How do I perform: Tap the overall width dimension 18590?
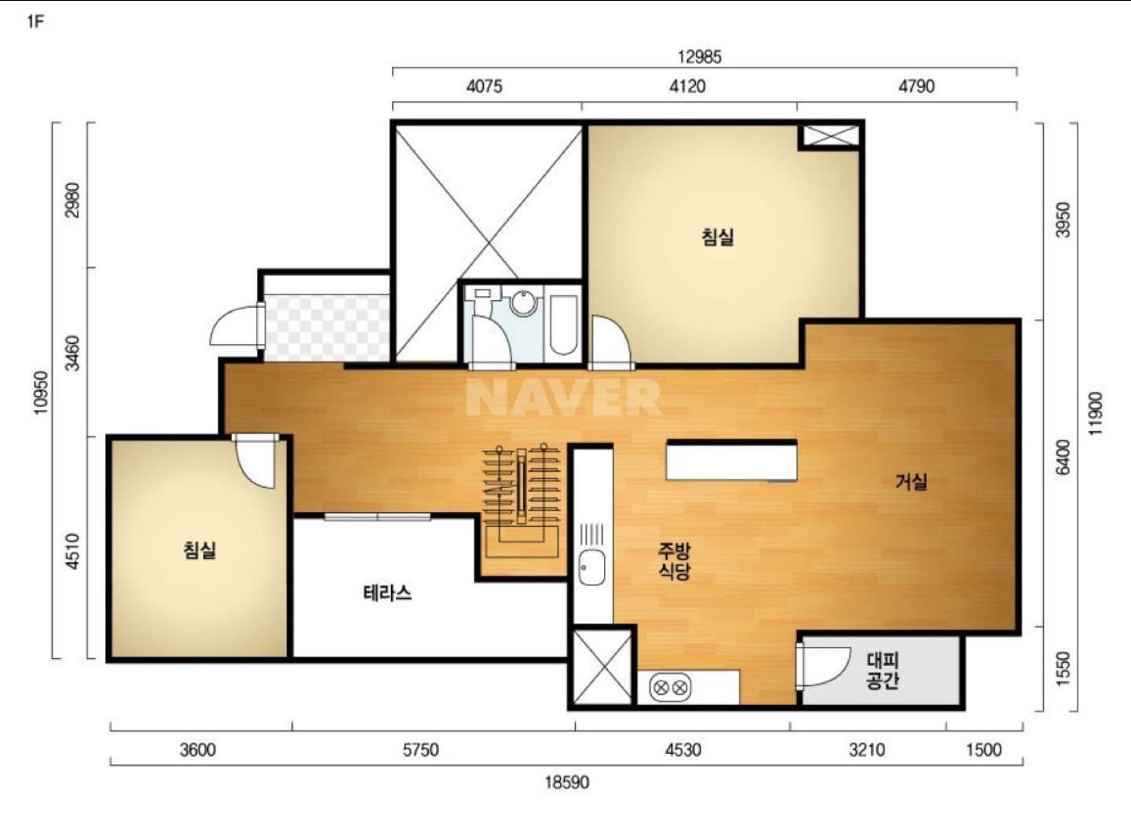pyautogui.click(x=567, y=782)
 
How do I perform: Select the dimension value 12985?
pyautogui.click(x=699, y=57)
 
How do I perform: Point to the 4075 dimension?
pyautogui.click(x=484, y=86)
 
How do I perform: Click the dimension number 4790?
pyautogui.click(x=917, y=86)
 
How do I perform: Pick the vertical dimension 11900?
pyautogui.click(x=1095, y=414)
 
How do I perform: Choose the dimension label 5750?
pyautogui.click(x=420, y=750)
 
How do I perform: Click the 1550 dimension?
pyautogui.click(x=1063, y=668)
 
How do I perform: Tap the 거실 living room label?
pyautogui.click(x=911, y=481)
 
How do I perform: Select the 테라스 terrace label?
pyautogui.click(x=387, y=592)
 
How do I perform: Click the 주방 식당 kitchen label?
pyautogui.click(x=675, y=561)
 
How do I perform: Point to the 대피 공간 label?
pyautogui.click(x=882, y=671)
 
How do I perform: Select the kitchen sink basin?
pyautogui.click(x=591, y=567)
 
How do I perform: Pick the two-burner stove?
pyautogui.click(x=670, y=687)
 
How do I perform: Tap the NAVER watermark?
pyautogui.click(x=563, y=397)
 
